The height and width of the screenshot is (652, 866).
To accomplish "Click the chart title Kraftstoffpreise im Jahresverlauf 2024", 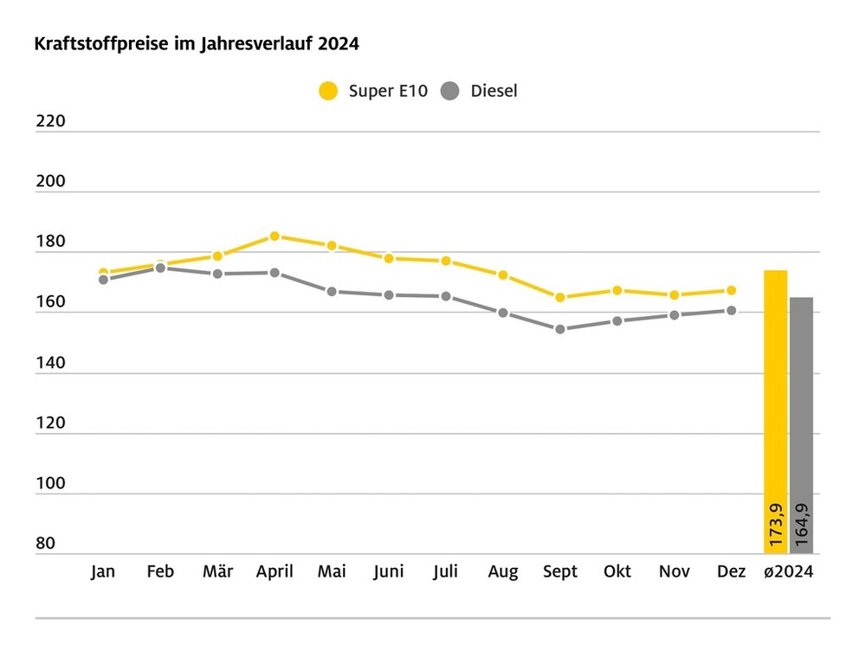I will tap(197, 44).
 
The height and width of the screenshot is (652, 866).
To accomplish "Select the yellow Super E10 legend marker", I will tap(328, 91).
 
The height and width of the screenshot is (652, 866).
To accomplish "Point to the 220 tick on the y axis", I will tap(50, 121).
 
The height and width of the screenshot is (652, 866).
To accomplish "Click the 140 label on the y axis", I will tap(50, 363).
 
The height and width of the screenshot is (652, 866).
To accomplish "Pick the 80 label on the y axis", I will tap(46, 544).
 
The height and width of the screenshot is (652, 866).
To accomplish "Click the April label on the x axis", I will tap(275, 571).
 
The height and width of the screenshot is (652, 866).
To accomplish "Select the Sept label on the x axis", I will tap(560, 571).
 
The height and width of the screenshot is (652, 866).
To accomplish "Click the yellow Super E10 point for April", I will tap(275, 236).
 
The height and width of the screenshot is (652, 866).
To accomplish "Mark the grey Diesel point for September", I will tap(560, 329).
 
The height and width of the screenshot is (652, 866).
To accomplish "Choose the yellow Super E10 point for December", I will tap(732, 290).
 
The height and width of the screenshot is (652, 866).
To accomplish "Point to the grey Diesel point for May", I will tap(332, 292).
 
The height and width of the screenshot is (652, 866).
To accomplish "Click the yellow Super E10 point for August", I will tap(503, 274).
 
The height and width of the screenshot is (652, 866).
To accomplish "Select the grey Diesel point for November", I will tap(675, 315).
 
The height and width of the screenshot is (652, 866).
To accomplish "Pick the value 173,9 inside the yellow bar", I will tap(776, 523).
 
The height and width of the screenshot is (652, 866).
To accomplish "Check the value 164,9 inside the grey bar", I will tap(802, 523).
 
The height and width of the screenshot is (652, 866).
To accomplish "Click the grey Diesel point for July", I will tap(446, 296).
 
